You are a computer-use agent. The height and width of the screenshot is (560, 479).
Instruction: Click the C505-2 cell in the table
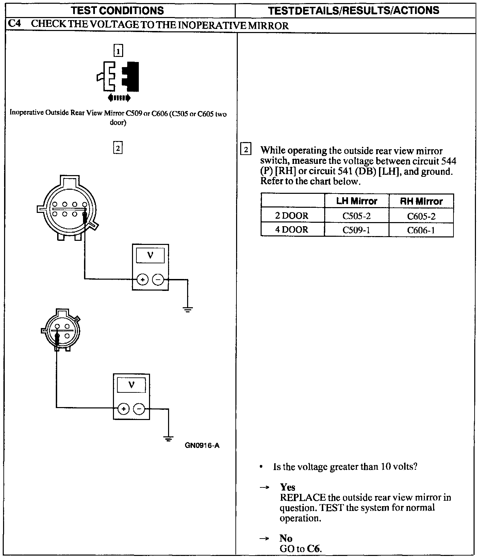pyautogui.click(x=356, y=216)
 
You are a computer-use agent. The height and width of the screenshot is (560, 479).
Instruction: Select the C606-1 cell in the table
pyautogui.click(x=421, y=230)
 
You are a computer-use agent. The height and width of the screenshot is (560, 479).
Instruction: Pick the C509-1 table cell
pyautogui.click(x=356, y=230)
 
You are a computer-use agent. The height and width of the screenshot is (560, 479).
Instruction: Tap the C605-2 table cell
pyautogui.click(x=421, y=216)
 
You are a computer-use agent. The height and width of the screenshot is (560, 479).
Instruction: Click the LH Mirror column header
pyautogui.click(x=356, y=201)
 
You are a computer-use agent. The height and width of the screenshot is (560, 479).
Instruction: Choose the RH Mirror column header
pyautogui.click(x=421, y=201)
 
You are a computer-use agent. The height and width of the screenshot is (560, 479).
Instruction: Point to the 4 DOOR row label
pyautogui.click(x=292, y=230)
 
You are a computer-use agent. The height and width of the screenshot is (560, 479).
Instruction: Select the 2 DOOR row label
pyautogui.click(x=292, y=216)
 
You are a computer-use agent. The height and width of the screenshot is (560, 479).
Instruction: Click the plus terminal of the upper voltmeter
pyautogui.click(x=142, y=280)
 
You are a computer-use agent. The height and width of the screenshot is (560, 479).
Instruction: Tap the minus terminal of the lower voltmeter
pyautogui.click(x=139, y=409)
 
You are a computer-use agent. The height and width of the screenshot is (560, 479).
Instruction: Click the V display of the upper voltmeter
pyautogui.click(x=150, y=255)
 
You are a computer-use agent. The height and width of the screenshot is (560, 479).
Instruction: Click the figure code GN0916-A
pyautogui.click(x=202, y=446)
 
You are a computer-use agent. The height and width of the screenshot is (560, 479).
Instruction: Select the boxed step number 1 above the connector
pyautogui.click(x=118, y=51)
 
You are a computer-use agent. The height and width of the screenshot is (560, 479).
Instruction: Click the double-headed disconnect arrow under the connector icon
pyautogui.click(x=119, y=98)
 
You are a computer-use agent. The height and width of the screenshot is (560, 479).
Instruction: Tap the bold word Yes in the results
pyautogui.click(x=287, y=487)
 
